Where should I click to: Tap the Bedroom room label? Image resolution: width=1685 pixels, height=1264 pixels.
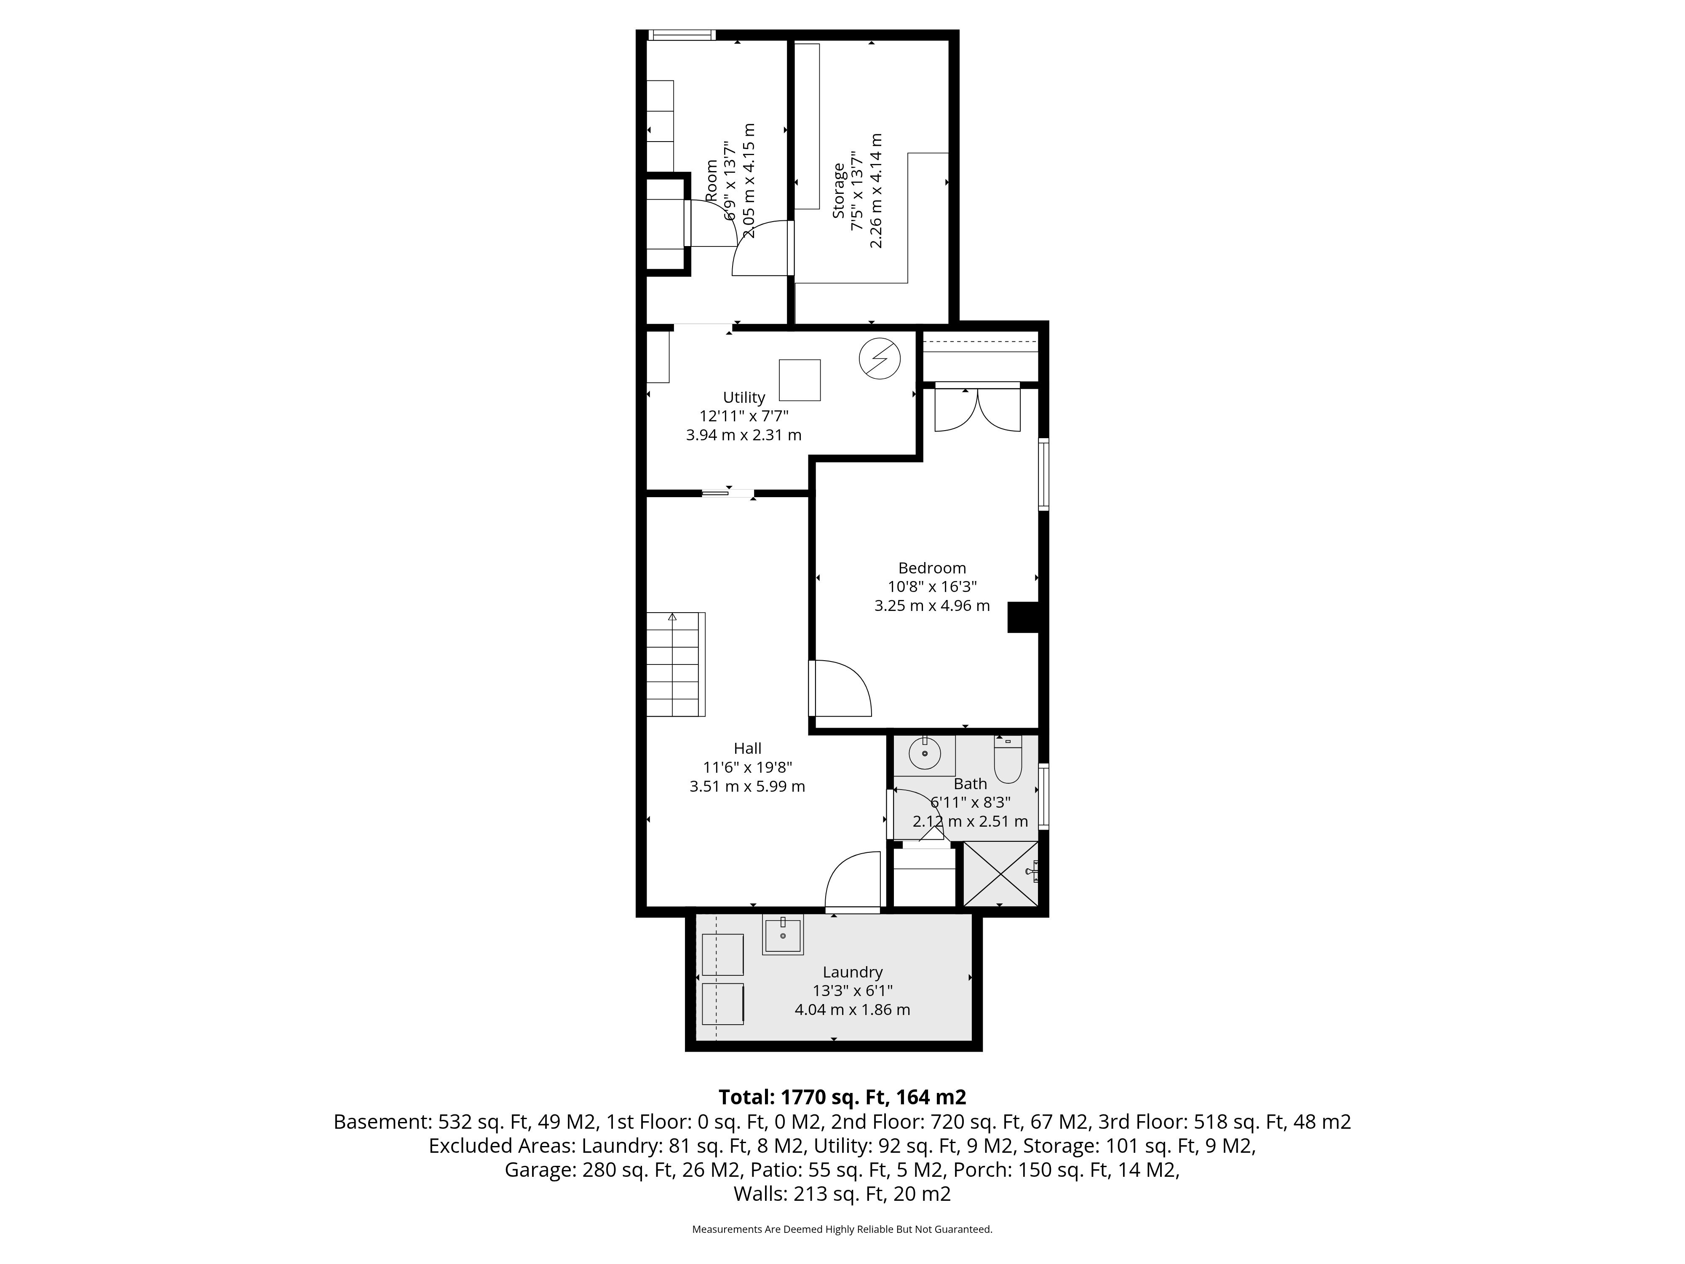coord(932,568)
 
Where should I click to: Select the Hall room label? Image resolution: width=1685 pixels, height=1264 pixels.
coord(747,748)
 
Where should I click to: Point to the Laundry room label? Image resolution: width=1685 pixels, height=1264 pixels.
coord(853,972)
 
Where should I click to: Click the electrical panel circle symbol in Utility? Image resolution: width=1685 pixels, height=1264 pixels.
coord(880,358)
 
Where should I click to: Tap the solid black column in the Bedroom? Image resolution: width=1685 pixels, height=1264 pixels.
coord(1023,617)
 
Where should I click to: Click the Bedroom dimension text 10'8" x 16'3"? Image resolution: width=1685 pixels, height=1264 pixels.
coord(932,586)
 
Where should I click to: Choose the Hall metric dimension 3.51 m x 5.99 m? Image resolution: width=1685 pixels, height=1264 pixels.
coord(747,786)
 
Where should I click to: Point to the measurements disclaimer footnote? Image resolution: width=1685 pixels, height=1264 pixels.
coord(842,1229)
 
